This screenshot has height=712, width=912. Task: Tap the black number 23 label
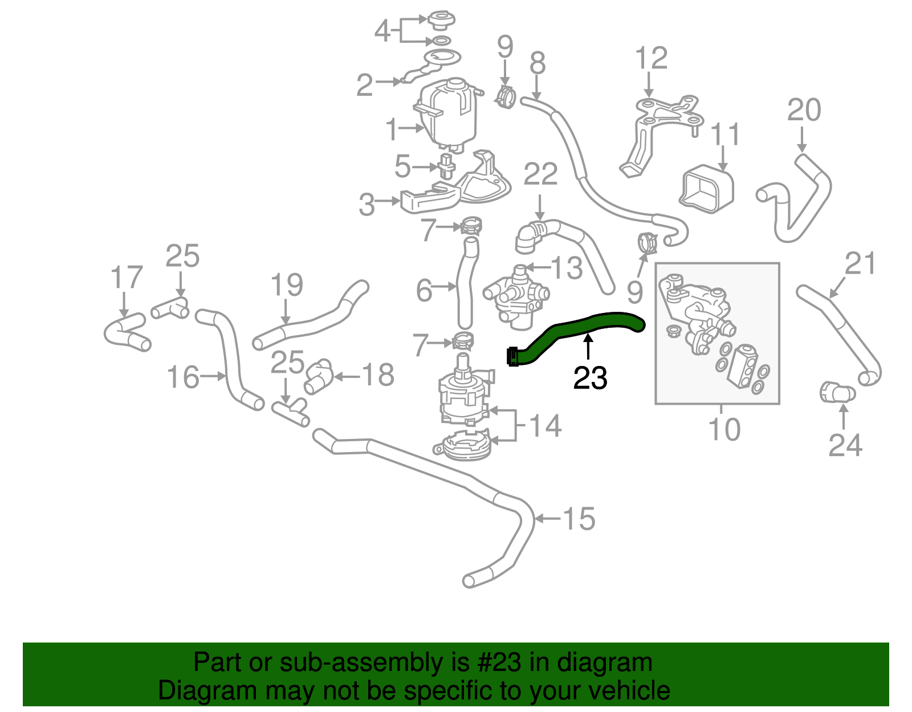click(590, 378)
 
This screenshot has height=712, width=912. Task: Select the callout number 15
click(579, 519)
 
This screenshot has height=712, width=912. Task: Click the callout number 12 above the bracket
click(651, 59)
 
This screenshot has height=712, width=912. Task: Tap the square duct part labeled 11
click(707, 188)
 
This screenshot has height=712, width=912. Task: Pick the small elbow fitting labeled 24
click(837, 393)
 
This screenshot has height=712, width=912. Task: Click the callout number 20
click(804, 110)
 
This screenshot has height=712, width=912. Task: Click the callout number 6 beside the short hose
click(424, 291)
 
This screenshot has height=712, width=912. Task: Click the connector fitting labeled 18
click(318, 377)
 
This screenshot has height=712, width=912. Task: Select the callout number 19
click(286, 284)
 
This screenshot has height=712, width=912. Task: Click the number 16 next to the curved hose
click(183, 377)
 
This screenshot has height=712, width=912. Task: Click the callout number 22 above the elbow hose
click(540, 174)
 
